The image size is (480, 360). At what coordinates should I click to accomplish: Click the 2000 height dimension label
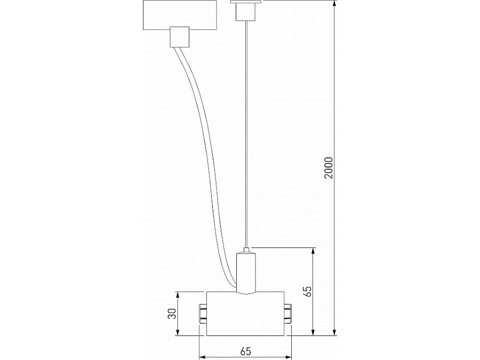pos(329,168)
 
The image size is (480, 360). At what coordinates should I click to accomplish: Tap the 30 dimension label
pos(172,314)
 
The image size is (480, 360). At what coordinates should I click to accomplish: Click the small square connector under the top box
pos(179,37)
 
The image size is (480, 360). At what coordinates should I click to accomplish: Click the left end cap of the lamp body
pos(203,314)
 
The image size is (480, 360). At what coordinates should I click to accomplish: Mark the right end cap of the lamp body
pos(288,314)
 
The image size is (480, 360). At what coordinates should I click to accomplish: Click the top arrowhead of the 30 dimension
pos(179,294)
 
